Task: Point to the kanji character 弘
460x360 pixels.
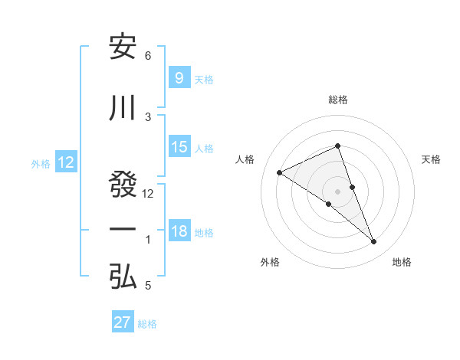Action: click(x=123, y=277)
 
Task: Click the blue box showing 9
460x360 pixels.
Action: click(x=179, y=77)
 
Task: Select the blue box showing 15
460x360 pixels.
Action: click(x=179, y=147)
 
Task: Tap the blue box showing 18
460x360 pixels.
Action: click(x=179, y=232)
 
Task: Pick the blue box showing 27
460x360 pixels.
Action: click(x=123, y=322)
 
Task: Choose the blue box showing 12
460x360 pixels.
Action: click(x=66, y=162)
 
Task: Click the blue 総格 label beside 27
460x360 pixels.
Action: click(x=147, y=324)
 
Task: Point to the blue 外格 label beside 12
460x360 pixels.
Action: click(x=41, y=163)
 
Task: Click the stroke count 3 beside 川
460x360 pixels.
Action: click(x=148, y=116)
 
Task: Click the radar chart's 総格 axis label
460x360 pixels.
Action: click(x=337, y=100)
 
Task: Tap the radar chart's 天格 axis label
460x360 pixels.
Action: click(x=431, y=159)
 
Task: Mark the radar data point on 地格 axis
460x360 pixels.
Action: click(x=374, y=242)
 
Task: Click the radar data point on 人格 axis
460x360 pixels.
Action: click(x=279, y=172)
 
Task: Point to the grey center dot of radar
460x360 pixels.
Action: click(x=337, y=191)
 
